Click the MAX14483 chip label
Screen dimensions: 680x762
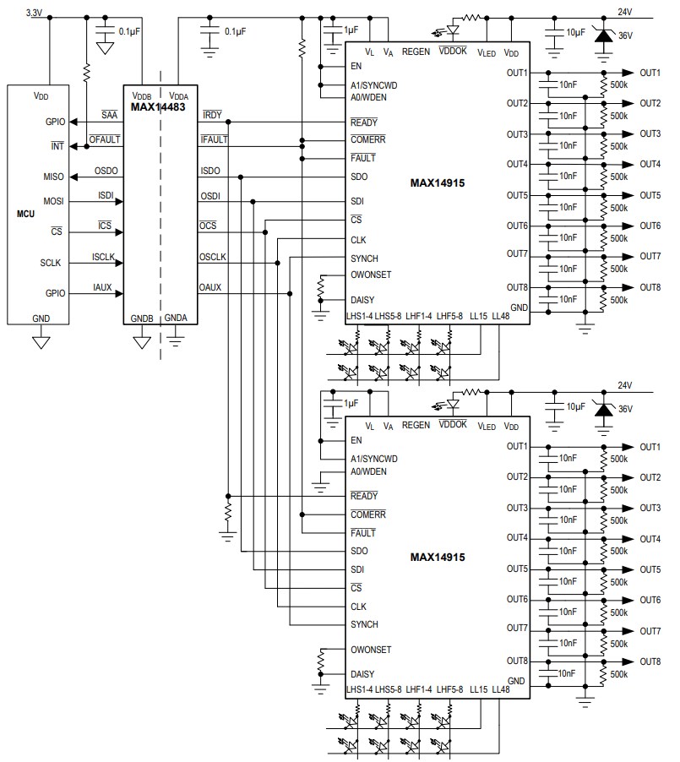pyautogui.click(x=158, y=107)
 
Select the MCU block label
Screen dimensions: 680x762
pyautogui.click(x=26, y=215)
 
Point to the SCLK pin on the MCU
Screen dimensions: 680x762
pyautogui.click(x=49, y=263)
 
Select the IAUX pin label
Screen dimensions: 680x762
pyautogui.click(x=103, y=288)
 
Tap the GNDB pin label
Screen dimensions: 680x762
pyautogui.click(x=141, y=318)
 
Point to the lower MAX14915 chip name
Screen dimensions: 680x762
pyautogui.click(x=438, y=557)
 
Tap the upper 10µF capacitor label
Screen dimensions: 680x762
pyautogui.click(x=574, y=31)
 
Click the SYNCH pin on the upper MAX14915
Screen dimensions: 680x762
pyautogui.click(x=364, y=258)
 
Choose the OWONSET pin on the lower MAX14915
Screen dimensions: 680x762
pyautogui.click(x=371, y=650)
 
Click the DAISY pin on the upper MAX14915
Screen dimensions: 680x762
pyautogui.click(x=362, y=300)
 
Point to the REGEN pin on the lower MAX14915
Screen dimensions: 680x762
pyautogui.click(x=416, y=427)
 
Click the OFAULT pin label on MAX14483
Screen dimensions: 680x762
pyautogui.click(x=104, y=140)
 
